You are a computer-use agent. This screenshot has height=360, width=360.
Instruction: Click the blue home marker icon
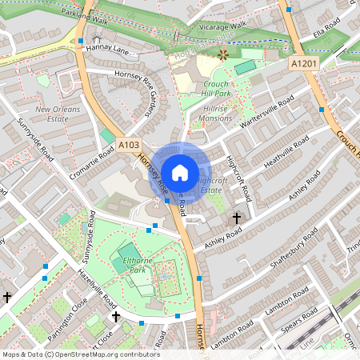[x=180, y=172]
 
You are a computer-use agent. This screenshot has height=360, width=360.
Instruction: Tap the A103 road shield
[x=128, y=145]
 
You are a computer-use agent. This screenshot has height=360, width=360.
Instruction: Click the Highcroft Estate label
[x=211, y=186]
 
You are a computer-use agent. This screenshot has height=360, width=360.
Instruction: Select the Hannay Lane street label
[x=110, y=50]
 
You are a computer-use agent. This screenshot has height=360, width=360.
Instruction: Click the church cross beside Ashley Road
[x=236, y=218]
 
